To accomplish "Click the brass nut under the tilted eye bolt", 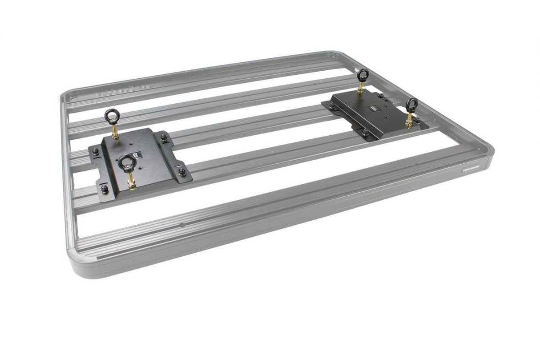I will point(132,183).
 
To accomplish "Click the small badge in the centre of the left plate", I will point(137,155).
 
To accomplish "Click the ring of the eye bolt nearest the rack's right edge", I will point(411,105).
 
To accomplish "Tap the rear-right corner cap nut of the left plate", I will point(164,138).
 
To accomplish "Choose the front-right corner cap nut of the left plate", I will point(182,172).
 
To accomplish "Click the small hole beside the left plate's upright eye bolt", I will point(131,144).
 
